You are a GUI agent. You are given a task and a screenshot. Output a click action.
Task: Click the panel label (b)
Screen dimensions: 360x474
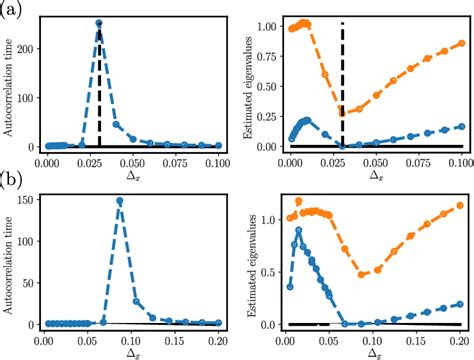coord(13,184)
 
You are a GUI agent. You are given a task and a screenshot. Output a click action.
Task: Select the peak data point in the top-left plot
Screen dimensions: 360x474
coord(99,23)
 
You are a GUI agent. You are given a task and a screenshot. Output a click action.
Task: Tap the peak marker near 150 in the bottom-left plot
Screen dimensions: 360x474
coord(120,200)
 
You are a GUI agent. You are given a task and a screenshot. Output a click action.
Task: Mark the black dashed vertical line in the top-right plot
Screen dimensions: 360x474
coord(343,80)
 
